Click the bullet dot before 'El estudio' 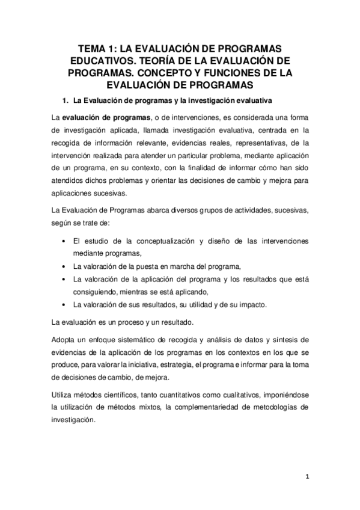click(64, 241)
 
